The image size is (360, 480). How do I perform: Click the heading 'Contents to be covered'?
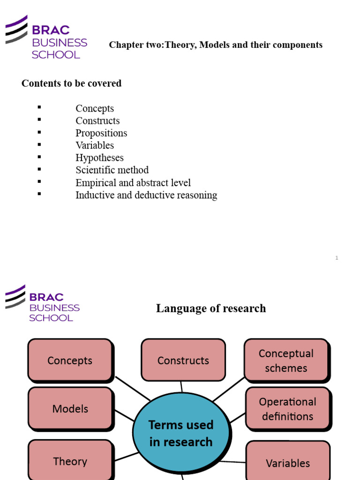tap(71, 83)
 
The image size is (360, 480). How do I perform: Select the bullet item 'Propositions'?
tap(101, 133)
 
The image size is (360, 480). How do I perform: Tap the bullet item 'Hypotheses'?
tap(99, 158)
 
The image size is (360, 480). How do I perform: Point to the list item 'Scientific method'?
tap(112, 170)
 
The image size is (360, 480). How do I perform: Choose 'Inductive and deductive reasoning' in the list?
tap(146, 195)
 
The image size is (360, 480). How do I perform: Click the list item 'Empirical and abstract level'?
tap(133, 183)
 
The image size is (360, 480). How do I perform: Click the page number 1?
tap(337, 258)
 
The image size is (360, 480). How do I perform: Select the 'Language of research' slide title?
tap(211, 308)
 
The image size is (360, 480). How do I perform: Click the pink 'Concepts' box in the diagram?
tap(70, 360)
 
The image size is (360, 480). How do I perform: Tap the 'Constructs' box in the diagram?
tap(183, 360)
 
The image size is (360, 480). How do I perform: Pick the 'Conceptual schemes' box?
tap(286, 360)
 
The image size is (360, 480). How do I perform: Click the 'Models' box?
tap(70, 408)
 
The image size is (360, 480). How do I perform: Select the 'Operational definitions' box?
tap(287, 409)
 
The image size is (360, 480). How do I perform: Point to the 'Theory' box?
tap(70, 461)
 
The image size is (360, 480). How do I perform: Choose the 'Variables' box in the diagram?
tap(288, 463)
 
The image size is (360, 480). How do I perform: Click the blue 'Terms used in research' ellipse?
tap(181, 433)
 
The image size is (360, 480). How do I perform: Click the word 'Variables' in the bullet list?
tap(95, 145)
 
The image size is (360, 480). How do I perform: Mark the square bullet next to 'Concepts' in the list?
tap(39, 107)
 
